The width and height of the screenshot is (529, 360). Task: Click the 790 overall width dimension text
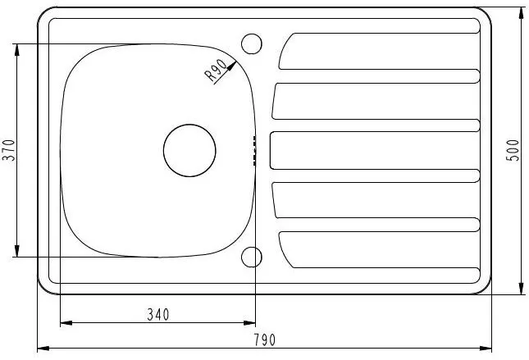tap(265, 340)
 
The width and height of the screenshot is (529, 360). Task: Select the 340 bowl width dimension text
tap(158, 315)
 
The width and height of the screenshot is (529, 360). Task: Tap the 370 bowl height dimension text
tap(9, 150)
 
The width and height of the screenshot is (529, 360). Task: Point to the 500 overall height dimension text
tap(513, 150)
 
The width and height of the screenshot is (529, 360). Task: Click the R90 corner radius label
tap(217, 70)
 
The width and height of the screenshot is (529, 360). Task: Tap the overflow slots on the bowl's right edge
tap(254, 150)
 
